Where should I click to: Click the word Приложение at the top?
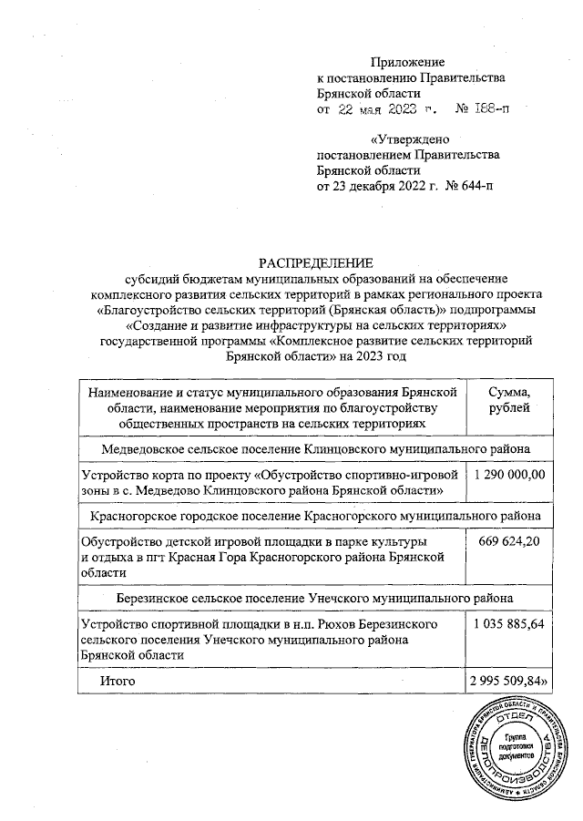(408, 63)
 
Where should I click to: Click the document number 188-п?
(489, 110)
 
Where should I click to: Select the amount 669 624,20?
(509, 543)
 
